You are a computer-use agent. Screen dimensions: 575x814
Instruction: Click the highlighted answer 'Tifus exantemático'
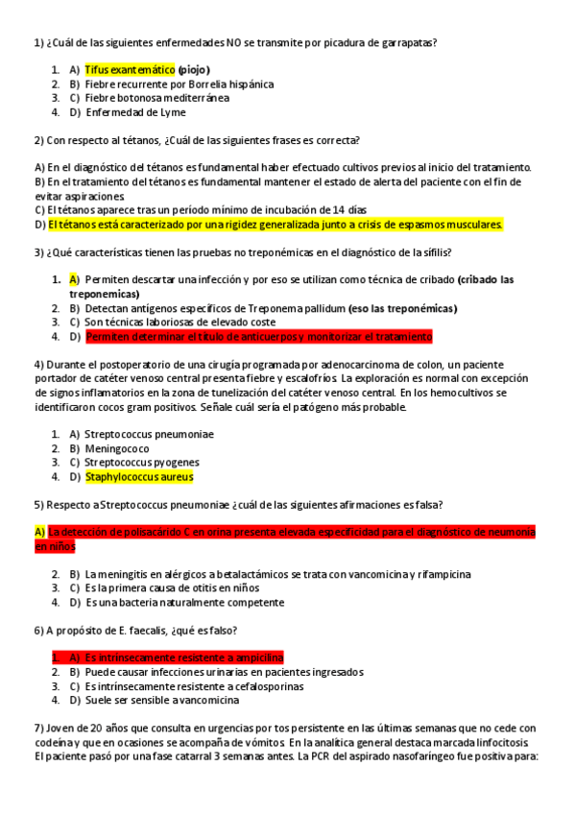coord(130,70)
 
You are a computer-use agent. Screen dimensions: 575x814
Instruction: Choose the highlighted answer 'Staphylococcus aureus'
coord(139,477)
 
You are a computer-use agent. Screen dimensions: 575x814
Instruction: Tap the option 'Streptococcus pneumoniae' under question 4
coord(149,435)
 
